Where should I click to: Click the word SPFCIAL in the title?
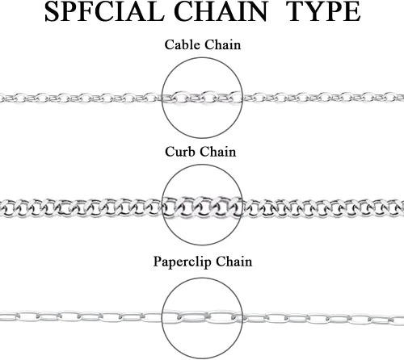click(104, 11)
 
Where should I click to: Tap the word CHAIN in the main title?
click(221, 11)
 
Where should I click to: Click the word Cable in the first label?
click(183, 44)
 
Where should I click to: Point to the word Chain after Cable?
click(222, 44)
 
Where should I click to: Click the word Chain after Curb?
click(218, 152)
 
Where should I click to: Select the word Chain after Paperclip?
click(234, 262)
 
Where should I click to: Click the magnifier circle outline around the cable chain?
click(202, 57)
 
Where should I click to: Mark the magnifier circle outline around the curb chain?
click(202, 165)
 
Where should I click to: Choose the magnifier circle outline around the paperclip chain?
click(202, 278)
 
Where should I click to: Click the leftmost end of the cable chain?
click(1, 98)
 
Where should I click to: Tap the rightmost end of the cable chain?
click(403, 98)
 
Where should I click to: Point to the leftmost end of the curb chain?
click(1, 209)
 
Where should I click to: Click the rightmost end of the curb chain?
click(403, 207)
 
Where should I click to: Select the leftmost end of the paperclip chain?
click(1, 316)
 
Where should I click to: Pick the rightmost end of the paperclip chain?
click(403, 320)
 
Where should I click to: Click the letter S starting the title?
click(52, 11)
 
